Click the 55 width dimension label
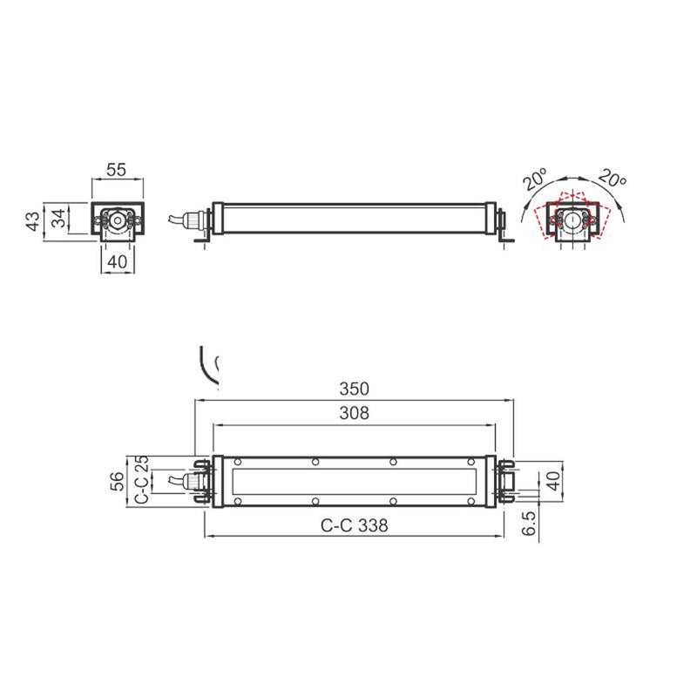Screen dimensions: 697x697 (x=117, y=169)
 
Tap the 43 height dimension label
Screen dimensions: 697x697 (x=33, y=221)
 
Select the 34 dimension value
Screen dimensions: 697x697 (x=58, y=218)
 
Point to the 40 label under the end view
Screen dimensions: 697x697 (x=118, y=262)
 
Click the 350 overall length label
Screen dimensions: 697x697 (x=355, y=389)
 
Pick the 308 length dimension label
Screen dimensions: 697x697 (x=355, y=413)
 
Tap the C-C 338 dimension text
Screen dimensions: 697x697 (x=355, y=525)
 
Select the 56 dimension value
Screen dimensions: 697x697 (x=117, y=482)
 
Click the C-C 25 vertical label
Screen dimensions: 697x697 (x=141, y=480)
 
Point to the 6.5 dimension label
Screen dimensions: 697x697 (x=529, y=523)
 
